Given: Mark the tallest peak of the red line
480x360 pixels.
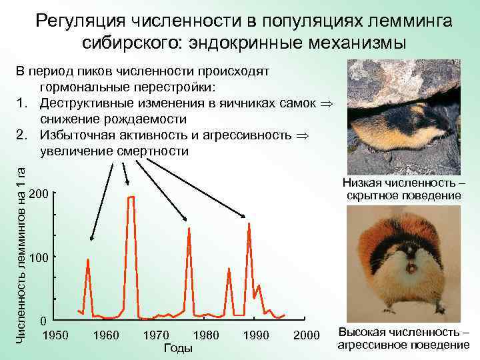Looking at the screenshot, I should click(131, 197).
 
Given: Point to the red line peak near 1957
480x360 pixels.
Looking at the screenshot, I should click(88, 259).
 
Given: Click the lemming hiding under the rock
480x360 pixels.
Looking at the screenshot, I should click(393, 127).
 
